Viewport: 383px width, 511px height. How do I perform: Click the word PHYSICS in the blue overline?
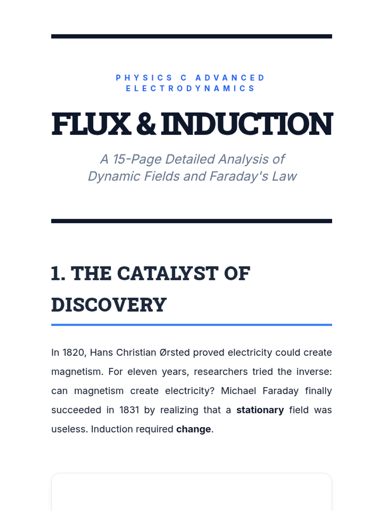point(144,78)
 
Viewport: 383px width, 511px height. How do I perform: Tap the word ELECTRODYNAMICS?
point(190,88)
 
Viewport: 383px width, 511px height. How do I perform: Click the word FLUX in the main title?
point(91,124)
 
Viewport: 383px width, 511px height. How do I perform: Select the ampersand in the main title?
point(146,124)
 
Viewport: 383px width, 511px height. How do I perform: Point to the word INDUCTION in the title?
point(247,124)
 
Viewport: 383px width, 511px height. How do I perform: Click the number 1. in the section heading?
point(58,273)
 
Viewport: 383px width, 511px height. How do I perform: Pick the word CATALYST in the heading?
point(168,273)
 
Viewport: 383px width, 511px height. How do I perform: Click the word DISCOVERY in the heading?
point(109,305)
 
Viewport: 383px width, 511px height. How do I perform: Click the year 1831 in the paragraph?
point(129,410)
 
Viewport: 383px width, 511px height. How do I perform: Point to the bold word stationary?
point(260,410)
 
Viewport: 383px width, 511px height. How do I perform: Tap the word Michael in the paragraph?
point(238,391)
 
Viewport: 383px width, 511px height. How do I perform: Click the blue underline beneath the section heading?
point(191,325)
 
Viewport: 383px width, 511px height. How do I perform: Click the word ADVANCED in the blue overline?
point(230,78)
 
